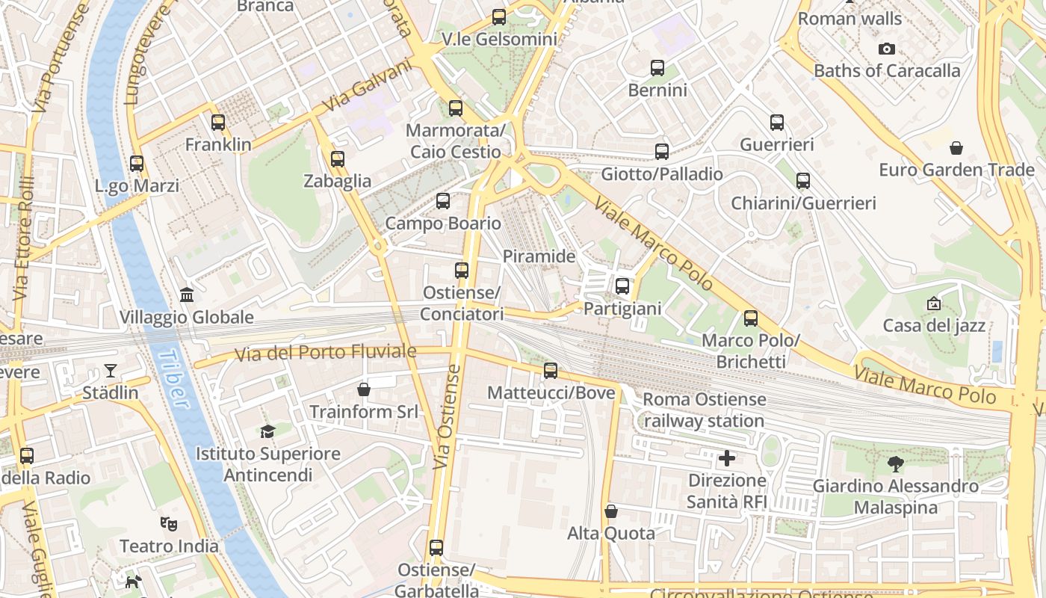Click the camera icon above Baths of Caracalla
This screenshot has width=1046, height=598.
tap(887, 49)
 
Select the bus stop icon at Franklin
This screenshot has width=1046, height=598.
tap(218, 123)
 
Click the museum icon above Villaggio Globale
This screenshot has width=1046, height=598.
tap(187, 295)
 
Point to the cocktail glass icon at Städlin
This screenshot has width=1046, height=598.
tap(111, 371)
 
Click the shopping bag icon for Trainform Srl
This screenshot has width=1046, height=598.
tap(363, 389)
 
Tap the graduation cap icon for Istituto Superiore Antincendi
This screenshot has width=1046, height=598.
tap(267, 431)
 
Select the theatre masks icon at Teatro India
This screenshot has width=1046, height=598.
tap(169, 524)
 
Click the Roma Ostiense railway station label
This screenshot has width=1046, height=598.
tap(704, 410)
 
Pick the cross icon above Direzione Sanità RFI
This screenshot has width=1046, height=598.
tap(727, 457)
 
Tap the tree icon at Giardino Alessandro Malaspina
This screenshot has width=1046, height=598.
tap(895, 464)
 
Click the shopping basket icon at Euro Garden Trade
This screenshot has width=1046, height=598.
tap(956, 148)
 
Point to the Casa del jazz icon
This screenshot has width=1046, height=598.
tap(934, 303)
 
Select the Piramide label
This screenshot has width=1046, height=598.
tap(539, 256)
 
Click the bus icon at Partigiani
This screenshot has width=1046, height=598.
tap(622, 286)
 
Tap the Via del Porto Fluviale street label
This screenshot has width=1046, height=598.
tap(326, 352)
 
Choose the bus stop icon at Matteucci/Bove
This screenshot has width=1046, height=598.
tap(551, 371)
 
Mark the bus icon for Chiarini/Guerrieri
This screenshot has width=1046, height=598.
tap(803, 181)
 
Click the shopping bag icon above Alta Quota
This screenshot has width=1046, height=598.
tap(611, 511)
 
